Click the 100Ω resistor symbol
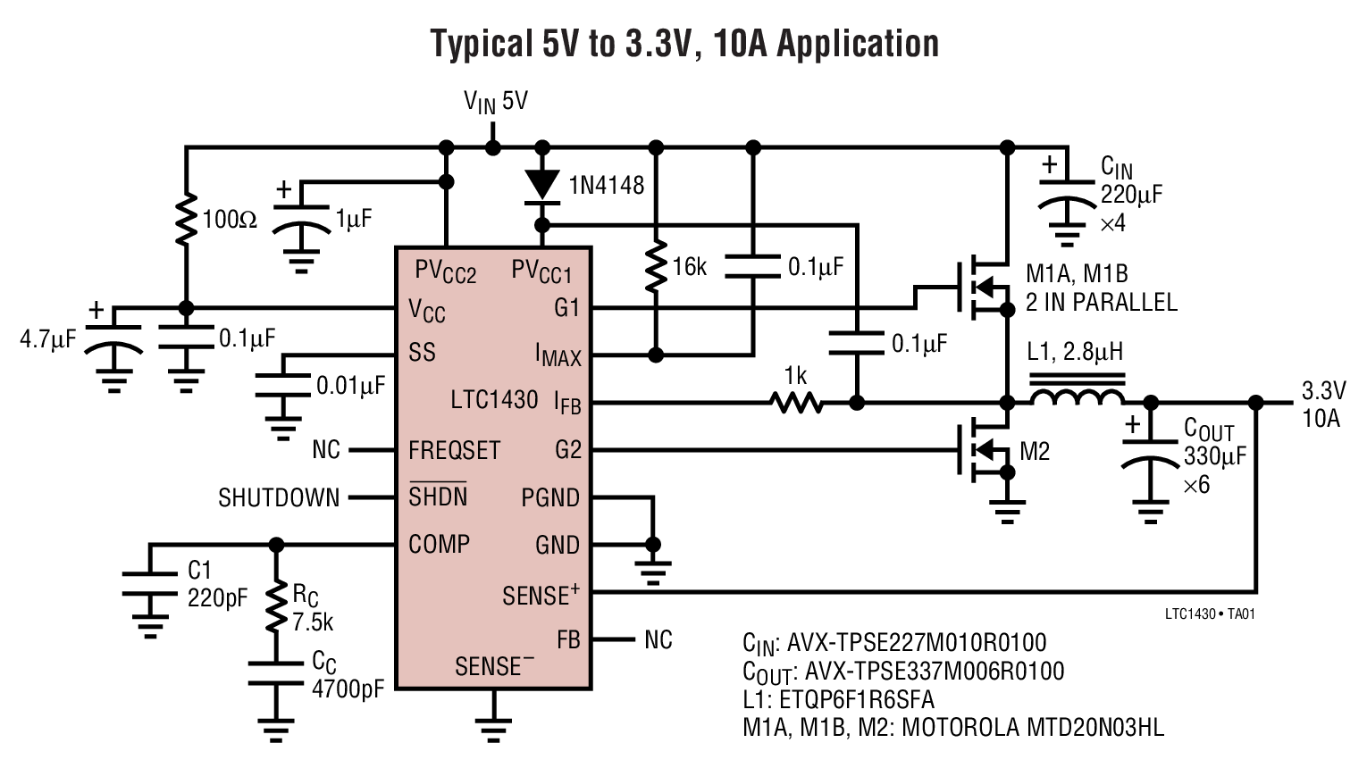click(x=186, y=219)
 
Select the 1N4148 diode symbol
click(x=541, y=184)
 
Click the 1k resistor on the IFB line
click(x=798, y=403)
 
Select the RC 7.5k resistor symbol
click(x=276, y=609)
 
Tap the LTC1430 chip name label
click(x=494, y=399)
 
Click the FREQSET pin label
click(x=454, y=450)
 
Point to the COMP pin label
click(x=439, y=544)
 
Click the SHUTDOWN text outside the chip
click(x=279, y=497)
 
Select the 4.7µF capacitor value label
click(x=49, y=340)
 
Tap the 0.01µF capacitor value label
click(x=350, y=386)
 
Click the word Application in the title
click(x=857, y=43)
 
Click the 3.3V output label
click(x=1322, y=391)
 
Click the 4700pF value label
click(x=348, y=689)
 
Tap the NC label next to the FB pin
click(x=658, y=639)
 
